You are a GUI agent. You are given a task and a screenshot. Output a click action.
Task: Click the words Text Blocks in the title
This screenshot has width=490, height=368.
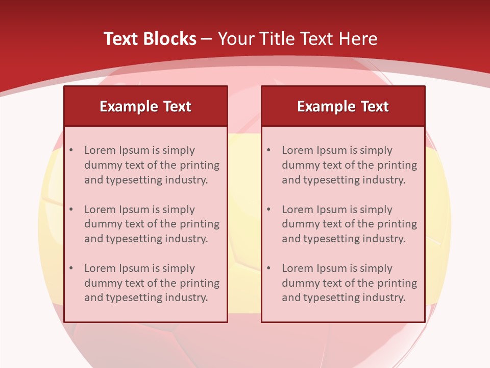150,39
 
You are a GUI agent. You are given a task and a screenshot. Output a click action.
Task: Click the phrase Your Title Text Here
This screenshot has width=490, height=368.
298,39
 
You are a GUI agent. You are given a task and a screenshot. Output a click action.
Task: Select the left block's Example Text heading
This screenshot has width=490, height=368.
145,106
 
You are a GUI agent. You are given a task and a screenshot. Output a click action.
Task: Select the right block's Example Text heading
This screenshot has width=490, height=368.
343,106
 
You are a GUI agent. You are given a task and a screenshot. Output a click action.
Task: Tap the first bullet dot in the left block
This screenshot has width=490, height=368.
71,150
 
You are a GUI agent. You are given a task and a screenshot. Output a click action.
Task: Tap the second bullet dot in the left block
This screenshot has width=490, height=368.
71,210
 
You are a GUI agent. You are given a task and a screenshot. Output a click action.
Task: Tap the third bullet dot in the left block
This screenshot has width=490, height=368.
71,268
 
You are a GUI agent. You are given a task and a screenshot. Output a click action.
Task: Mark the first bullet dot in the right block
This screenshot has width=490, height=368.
269,150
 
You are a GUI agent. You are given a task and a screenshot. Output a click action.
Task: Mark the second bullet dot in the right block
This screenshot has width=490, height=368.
269,210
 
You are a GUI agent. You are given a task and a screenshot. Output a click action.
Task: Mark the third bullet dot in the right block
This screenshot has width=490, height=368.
269,268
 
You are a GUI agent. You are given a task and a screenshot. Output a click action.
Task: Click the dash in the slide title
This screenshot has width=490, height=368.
207,39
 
